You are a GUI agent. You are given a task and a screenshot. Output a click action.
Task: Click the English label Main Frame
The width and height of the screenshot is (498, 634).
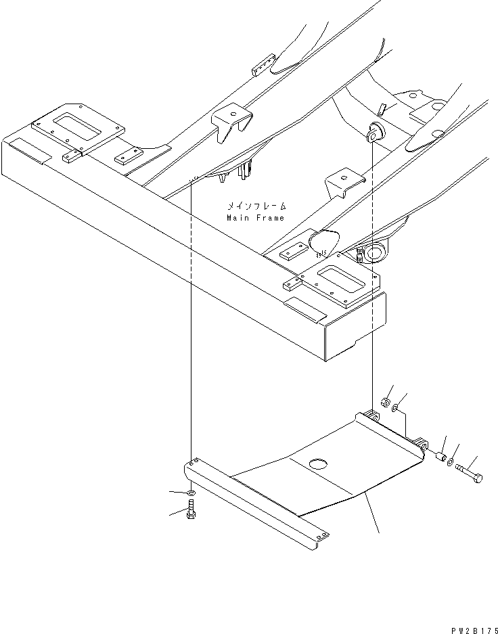click(x=256, y=218)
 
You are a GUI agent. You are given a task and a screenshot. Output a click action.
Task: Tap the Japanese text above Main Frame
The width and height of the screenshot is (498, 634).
click(x=256, y=206)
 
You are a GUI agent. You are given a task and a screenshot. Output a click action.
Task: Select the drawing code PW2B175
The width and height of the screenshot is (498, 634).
click(x=474, y=629)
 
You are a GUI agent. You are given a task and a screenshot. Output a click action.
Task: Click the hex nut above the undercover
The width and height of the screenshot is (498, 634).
click(x=386, y=402)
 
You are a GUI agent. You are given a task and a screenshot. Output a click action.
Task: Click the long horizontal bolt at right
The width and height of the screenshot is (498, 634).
click(x=469, y=473)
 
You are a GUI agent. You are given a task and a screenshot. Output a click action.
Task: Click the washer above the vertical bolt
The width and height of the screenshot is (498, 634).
click(x=191, y=493)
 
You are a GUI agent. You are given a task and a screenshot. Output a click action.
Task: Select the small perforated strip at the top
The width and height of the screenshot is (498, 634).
click(x=264, y=65)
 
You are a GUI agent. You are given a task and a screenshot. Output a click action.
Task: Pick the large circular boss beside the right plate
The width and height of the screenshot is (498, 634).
click(x=375, y=252)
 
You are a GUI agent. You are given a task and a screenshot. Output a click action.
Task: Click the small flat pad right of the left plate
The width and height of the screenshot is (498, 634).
click(x=129, y=156)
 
